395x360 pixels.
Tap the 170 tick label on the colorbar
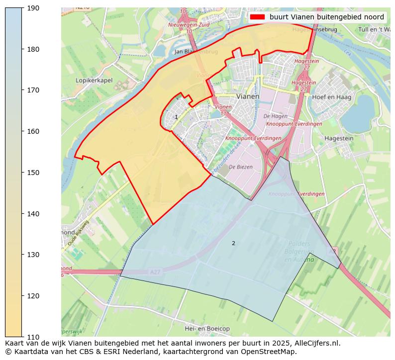tap(33, 90)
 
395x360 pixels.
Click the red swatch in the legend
tap(257, 17)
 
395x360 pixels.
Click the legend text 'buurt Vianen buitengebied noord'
tap(327, 17)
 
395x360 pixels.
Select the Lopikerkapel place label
tap(94, 80)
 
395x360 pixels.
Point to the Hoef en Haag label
tap(331, 97)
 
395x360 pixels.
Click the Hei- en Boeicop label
tap(207, 329)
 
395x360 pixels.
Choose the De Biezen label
tap(241, 167)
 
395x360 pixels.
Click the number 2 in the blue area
tap(233, 243)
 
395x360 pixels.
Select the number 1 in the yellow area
tap(176, 117)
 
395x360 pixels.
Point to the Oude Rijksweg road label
tap(79, 234)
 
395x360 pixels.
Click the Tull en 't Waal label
tap(374, 29)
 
